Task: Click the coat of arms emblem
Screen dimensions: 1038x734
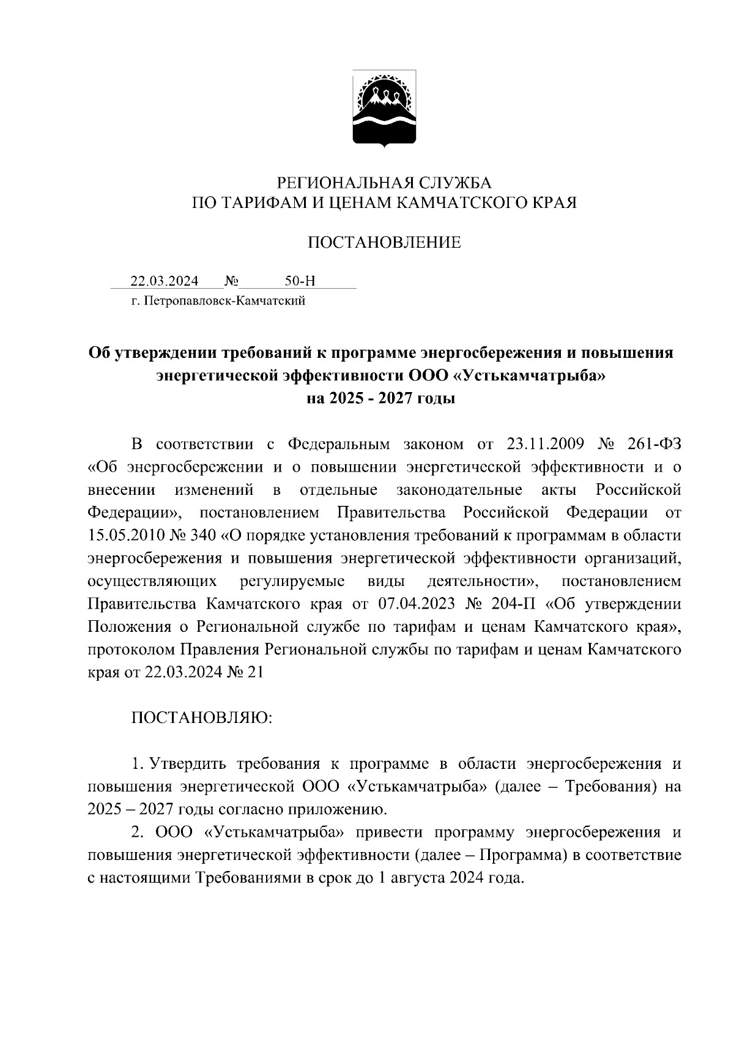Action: tap(384, 109)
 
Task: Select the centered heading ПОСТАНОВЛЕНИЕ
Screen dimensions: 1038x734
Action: tap(384, 243)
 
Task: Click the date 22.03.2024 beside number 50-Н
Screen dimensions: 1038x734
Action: tap(164, 281)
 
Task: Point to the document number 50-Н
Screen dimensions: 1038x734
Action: tap(300, 281)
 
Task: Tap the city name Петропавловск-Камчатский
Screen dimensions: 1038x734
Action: tap(224, 301)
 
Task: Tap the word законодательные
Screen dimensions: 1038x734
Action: tap(459, 490)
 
